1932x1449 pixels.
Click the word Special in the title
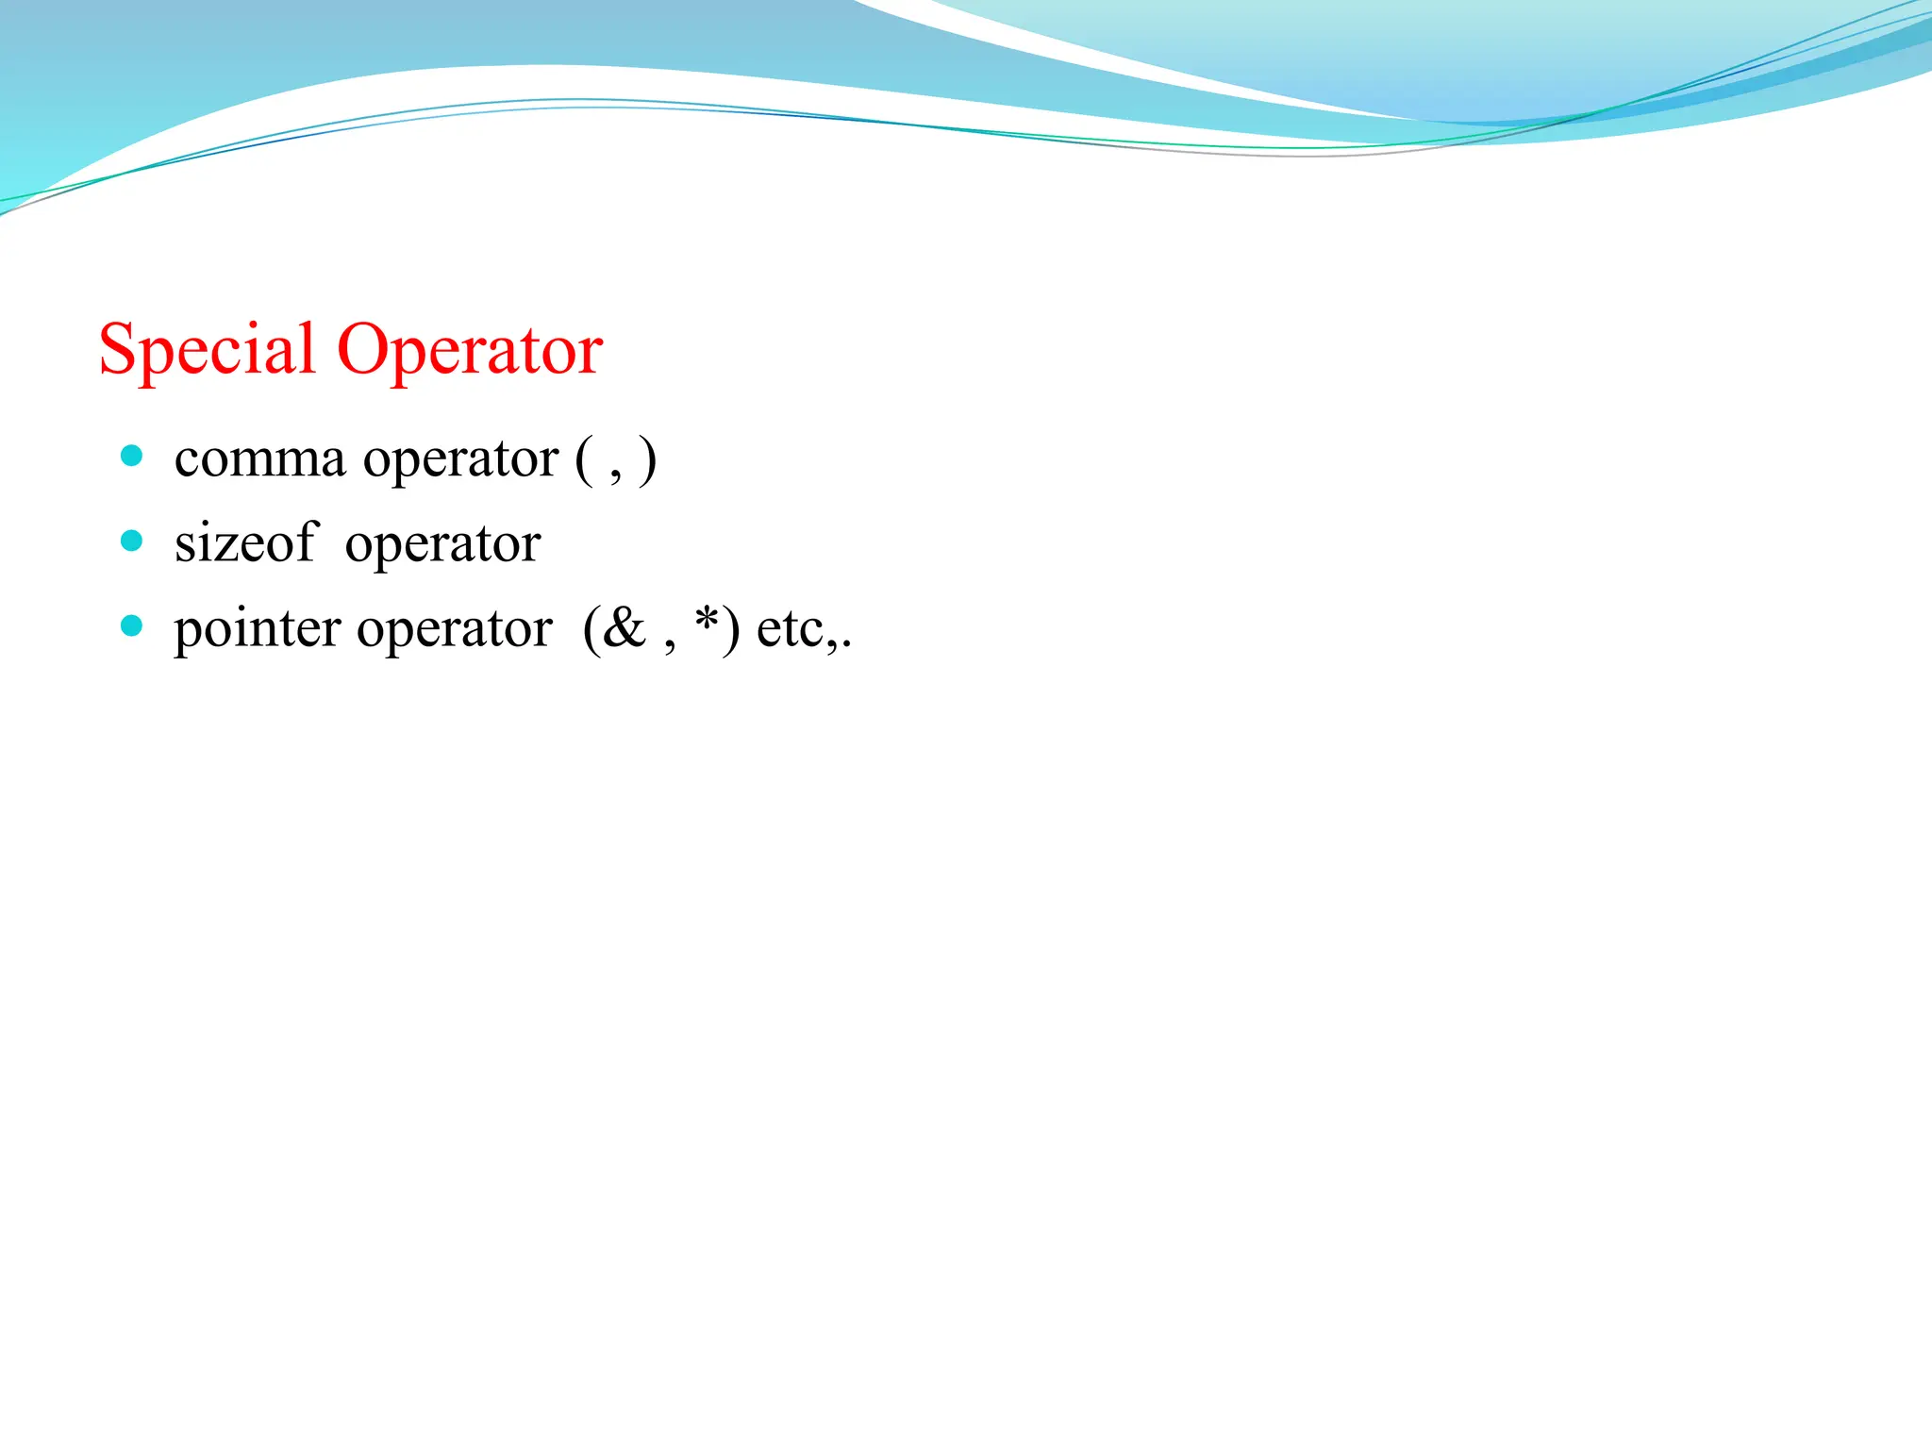(x=207, y=350)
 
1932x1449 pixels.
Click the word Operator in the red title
(x=470, y=350)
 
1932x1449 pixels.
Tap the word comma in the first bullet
(x=260, y=459)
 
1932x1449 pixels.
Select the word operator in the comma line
(x=461, y=461)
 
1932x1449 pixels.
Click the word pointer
(x=258, y=628)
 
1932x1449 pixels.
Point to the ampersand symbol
(x=625, y=626)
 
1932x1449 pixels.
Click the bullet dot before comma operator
(x=132, y=457)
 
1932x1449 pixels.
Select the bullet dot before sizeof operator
(x=132, y=541)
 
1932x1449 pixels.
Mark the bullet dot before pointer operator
(x=132, y=625)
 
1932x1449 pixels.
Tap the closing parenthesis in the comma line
(x=647, y=460)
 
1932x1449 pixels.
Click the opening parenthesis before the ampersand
(x=591, y=628)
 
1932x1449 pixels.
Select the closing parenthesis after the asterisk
(x=730, y=628)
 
